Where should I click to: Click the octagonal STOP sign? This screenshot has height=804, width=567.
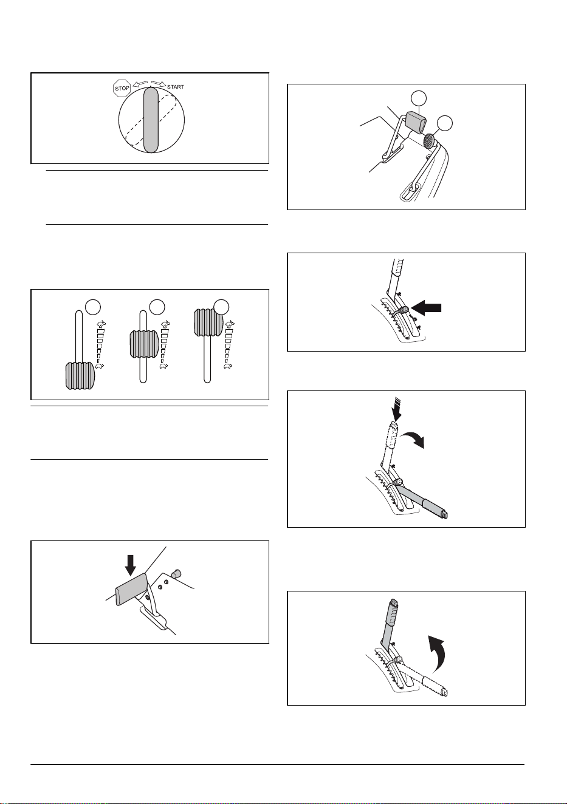(x=122, y=88)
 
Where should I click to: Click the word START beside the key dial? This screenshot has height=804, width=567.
(x=176, y=87)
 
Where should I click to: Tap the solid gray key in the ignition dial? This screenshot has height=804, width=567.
(x=151, y=120)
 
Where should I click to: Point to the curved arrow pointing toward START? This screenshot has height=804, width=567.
(x=158, y=84)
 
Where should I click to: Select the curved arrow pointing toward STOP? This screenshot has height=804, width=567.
(x=140, y=84)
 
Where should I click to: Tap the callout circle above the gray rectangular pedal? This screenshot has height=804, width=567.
(x=419, y=98)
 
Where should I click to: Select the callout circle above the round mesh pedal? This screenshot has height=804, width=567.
(x=444, y=123)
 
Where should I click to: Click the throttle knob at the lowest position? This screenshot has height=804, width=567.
(x=80, y=376)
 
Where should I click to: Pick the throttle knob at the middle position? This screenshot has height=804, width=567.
(x=144, y=344)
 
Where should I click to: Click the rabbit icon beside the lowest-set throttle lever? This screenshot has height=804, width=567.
(x=101, y=325)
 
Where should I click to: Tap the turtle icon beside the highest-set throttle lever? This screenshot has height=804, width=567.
(x=228, y=366)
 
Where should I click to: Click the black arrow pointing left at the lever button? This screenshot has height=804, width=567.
(x=426, y=308)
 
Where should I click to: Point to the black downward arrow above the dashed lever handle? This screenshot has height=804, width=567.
(x=397, y=409)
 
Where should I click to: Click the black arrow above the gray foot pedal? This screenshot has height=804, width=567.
(x=131, y=565)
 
